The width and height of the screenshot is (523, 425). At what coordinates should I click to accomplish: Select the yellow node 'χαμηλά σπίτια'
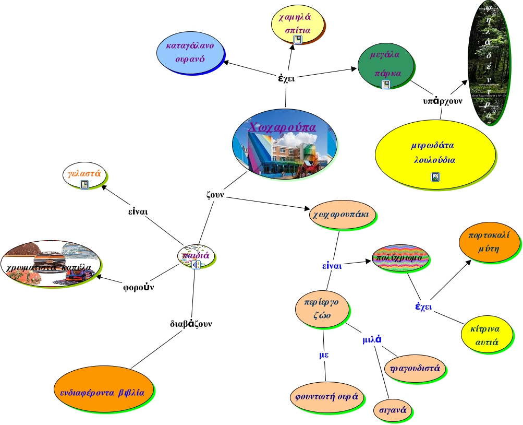click(298, 23)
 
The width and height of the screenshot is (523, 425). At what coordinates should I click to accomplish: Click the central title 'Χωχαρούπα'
click(284, 127)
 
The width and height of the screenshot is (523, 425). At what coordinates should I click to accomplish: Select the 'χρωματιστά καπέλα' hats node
click(50, 264)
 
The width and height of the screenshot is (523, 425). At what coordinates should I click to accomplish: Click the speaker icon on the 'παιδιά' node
click(196, 265)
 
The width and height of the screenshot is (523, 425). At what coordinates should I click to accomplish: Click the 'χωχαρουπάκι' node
click(342, 215)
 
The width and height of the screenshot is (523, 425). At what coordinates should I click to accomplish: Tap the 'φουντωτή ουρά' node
click(325, 396)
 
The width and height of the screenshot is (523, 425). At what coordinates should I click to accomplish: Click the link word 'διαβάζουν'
click(191, 324)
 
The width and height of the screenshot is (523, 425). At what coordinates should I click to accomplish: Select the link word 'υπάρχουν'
click(442, 101)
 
